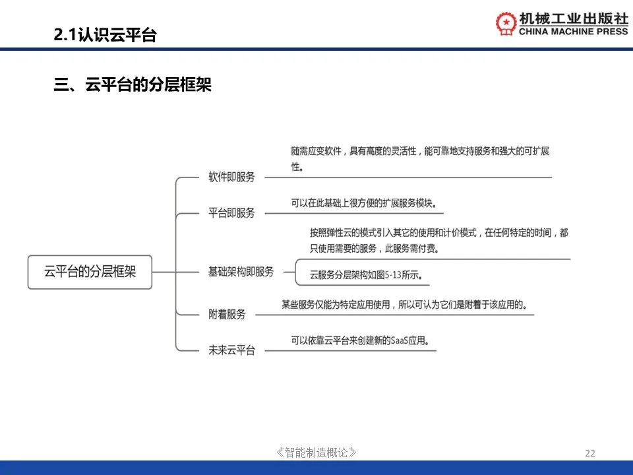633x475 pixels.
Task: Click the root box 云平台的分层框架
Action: coord(90,272)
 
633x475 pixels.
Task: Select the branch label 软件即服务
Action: coord(231,177)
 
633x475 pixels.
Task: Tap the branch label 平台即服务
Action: coord(231,213)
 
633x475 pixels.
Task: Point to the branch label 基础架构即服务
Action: coord(241,272)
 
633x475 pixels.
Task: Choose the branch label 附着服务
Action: coord(226,314)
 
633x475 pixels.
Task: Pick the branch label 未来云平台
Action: coord(231,350)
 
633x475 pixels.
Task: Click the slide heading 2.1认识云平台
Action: coord(105,35)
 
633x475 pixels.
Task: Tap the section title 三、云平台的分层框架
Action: coord(133,85)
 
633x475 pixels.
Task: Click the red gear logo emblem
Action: coord(506,23)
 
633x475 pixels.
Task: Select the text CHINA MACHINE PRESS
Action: coord(573,32)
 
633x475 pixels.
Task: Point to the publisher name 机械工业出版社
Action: coord(573,18)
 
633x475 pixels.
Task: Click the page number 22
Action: coord(589,453)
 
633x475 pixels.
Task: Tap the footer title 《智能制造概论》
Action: coord(316,453)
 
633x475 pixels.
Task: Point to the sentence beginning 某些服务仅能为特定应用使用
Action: coord(404,304)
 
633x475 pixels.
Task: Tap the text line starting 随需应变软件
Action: coord(420,151)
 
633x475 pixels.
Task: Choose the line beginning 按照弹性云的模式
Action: coord(439,233)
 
